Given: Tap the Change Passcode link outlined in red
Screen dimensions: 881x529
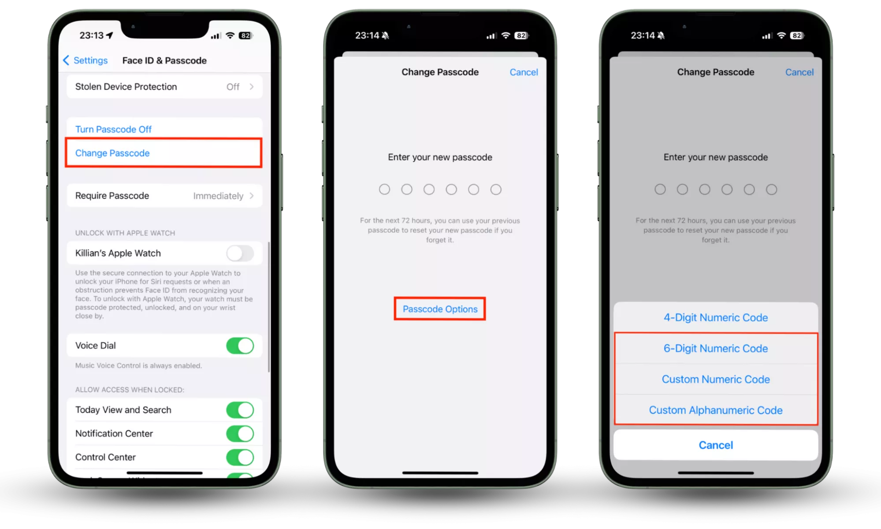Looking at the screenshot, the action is coord(112,153).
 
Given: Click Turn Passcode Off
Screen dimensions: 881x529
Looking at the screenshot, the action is coord(113,129).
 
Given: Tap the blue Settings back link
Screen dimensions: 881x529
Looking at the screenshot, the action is coord(85,60).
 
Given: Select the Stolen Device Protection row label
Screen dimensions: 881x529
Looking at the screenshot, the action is coord(126,87).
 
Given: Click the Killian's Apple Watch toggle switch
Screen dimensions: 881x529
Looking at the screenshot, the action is coord(240,253).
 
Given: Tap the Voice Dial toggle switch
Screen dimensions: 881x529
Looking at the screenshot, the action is coord(240,346).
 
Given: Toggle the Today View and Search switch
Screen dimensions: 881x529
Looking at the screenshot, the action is coord(240,410).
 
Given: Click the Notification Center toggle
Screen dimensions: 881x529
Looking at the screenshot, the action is coord(240,434).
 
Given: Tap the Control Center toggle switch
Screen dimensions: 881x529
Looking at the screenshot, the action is coord(240,458).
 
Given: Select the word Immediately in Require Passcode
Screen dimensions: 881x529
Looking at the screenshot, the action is coord(218,196).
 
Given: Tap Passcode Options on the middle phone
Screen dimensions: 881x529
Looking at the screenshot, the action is coord(440,309).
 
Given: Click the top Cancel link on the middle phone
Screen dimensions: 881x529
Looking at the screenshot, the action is coord(524,72).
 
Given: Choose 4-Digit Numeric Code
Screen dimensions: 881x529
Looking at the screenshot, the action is coord(716,317).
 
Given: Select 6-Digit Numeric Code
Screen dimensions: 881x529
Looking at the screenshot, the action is coord(716,348).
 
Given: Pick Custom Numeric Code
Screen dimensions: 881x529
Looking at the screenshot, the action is coord(716,379).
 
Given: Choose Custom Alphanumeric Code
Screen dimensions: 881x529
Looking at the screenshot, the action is coord(716,410).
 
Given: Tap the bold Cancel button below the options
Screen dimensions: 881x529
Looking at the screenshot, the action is coord(716,445).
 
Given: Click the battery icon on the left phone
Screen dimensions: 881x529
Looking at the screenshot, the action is coord(246,36).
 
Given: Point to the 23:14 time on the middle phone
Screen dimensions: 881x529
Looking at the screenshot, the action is coord(367,35).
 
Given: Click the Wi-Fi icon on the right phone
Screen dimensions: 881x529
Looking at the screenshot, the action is coord(781,35).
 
